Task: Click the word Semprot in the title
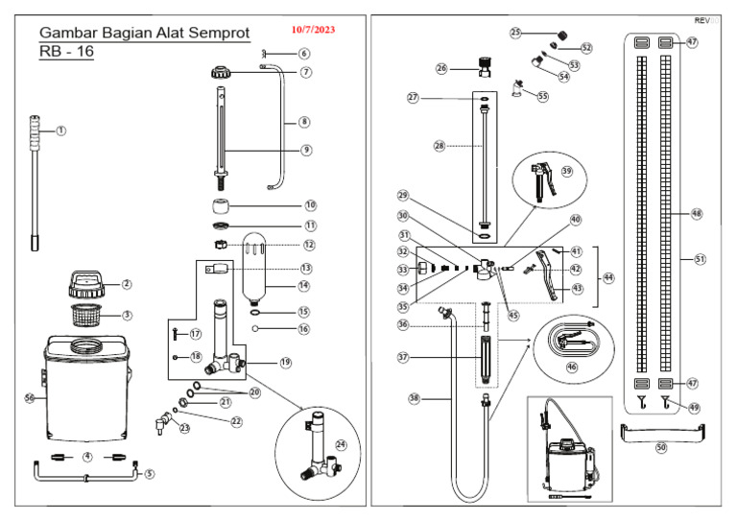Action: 215,33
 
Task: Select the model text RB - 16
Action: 66,53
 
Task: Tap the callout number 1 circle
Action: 60,130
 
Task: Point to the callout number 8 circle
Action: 304,122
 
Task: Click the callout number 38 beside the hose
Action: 415,396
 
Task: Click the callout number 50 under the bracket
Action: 660,448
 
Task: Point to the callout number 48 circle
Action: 696,215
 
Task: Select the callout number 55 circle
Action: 542,96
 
